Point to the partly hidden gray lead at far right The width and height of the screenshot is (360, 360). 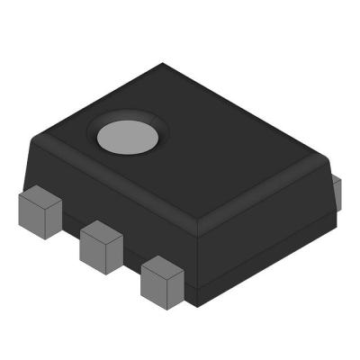tap(337, 191)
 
